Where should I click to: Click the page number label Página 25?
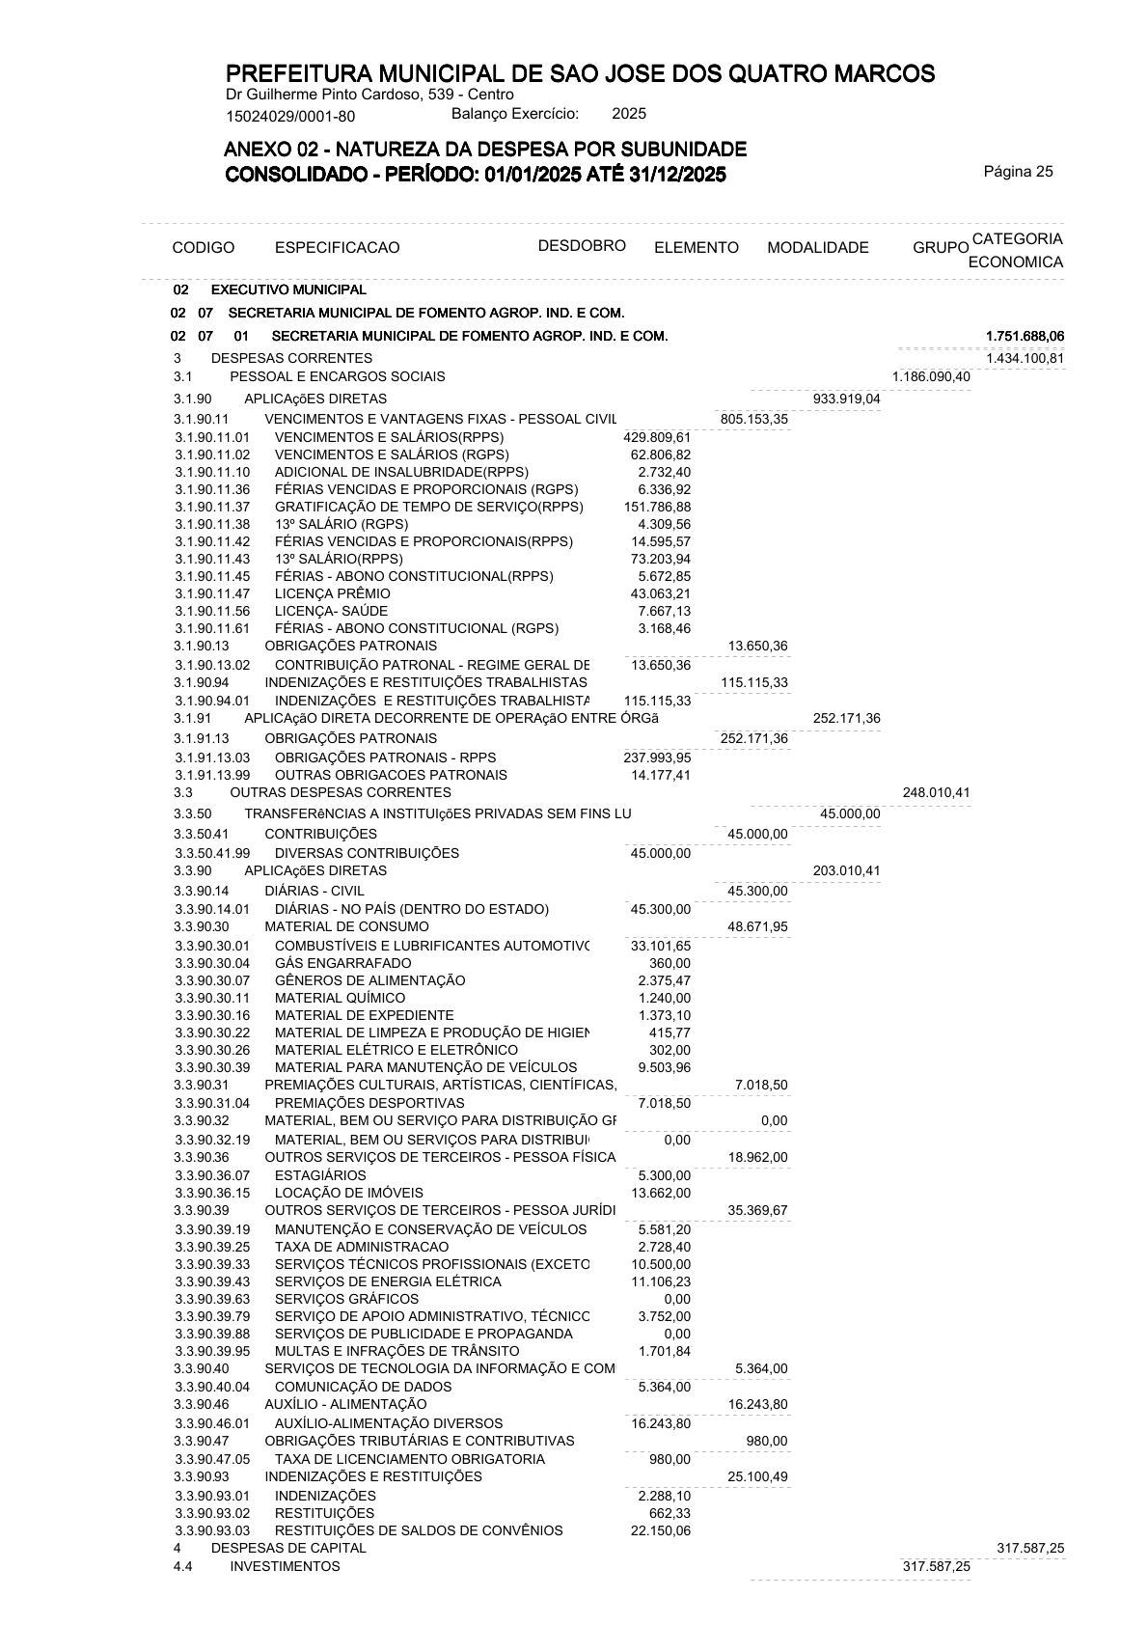[x=1018, y=172]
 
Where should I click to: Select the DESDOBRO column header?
[x=582, y=245]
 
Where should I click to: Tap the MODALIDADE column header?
[x=817, y=248]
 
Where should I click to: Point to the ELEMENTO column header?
[x=696, y=248]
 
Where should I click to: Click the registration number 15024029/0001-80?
[x=290, y=117]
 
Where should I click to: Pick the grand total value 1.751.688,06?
[x=1025, y=336]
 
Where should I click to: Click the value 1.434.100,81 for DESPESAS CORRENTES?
[x=1025, y=358]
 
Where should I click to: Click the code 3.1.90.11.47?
[x=212, y=593]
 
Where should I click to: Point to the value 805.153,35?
[x=753, y=419]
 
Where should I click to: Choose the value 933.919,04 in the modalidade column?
[x=846, y=399]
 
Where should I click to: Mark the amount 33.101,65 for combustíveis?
[x=660, y=946]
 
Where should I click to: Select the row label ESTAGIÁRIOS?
[x=320, y=1175]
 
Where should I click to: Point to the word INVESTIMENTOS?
[x=285, y=1566]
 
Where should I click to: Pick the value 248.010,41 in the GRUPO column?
[x=936, y=793]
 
